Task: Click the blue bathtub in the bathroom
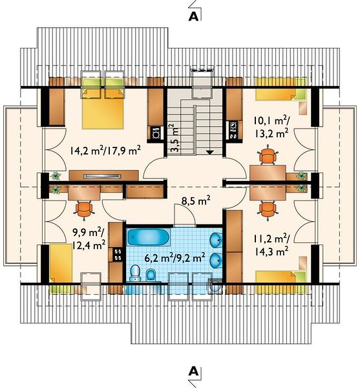pyautogui.click(x=149, y=237)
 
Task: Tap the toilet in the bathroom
pyautogui.click(x=135, y=273)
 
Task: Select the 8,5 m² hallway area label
pyautogui.click(x=196, y=200)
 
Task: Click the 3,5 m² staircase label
pyautogui.click(x=175, y=138)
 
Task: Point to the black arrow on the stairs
pyautogui.click(x=209, y=153)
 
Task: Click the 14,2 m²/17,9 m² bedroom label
pyautogui.click(x=105, y=150)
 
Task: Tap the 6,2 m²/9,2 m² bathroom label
pyautogui.click(x=175, y=258)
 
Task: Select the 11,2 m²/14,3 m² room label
pyautogui.click(x=271, y=245)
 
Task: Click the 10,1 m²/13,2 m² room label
pyautogui.click(x=271, y=127)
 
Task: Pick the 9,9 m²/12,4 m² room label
pyautogui.click(x=89, y=239)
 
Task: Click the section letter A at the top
pyautogui.click(x=193, y=16)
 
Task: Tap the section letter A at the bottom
pyautogui.click(x=193, y=371)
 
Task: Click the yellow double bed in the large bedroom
pyautogui.click(x=103, y=103)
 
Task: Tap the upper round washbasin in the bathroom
pyautogui.click(x=216, y=239)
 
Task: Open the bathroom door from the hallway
pyautogui.click(x=184, y=215)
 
